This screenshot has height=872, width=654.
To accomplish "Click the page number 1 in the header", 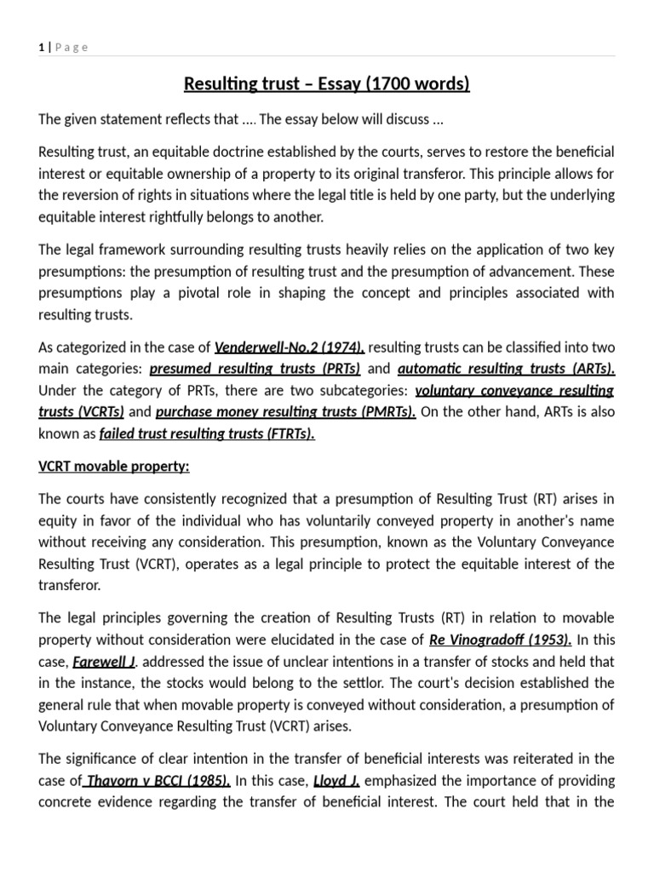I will pos(41,48).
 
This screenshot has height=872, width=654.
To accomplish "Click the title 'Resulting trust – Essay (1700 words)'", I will pos(327,84).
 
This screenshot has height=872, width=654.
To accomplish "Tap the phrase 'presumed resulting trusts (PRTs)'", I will pos(255,369).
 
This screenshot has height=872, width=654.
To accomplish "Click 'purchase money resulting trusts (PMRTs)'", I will pos(286,412).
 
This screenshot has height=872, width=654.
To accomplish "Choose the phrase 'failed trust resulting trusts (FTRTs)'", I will pos(207,433).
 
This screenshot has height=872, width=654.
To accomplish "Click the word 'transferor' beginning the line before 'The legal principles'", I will pos(67,586).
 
